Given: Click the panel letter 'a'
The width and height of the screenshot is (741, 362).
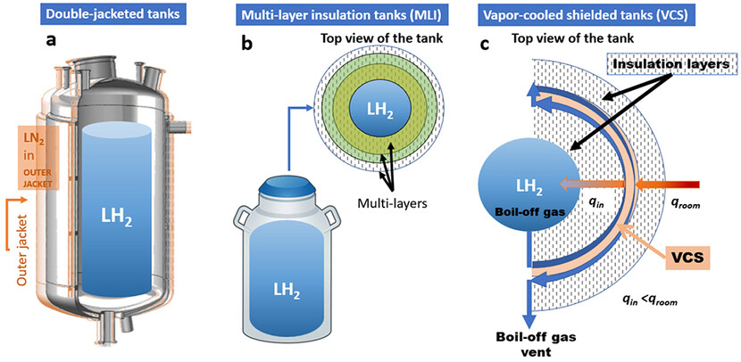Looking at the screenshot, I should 50,41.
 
